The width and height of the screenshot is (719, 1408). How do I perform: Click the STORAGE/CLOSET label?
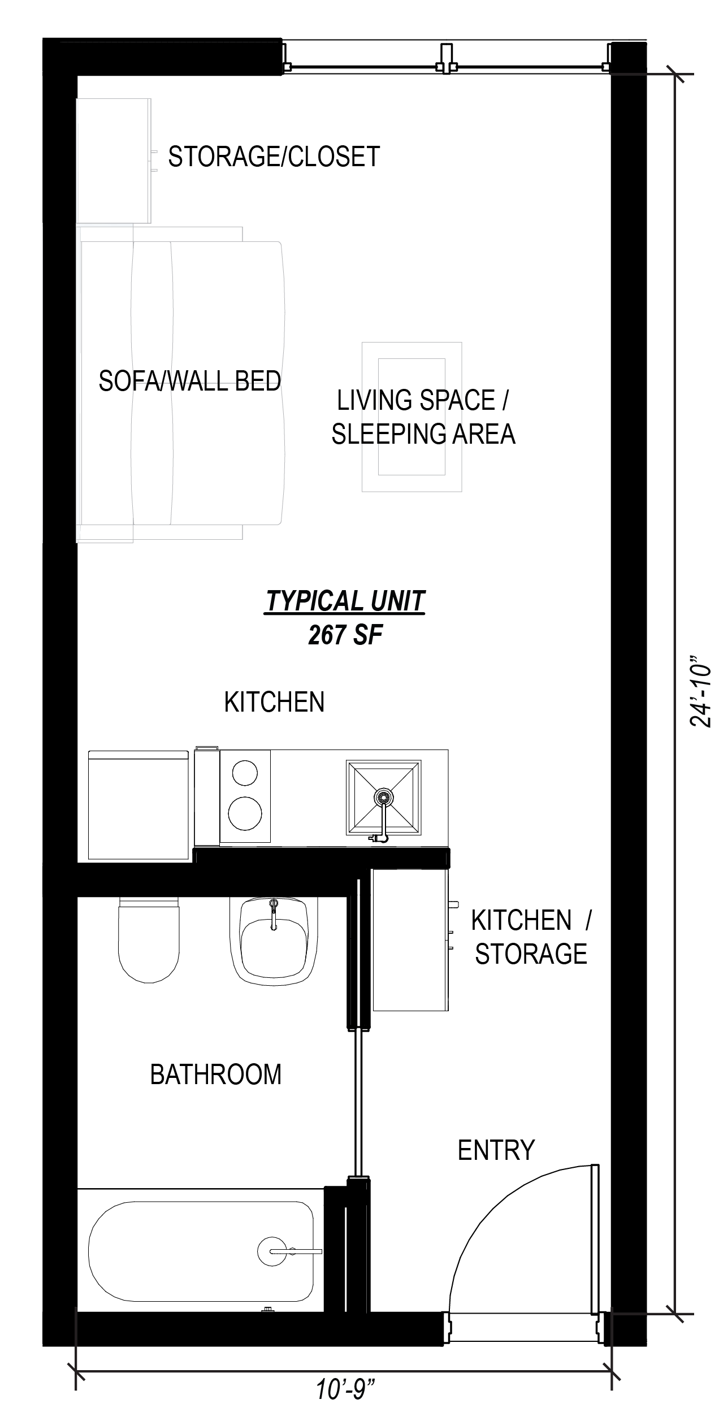(274, 157)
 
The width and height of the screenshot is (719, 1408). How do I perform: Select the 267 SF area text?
(345, 635)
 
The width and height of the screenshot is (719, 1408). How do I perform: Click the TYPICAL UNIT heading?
(345, 601)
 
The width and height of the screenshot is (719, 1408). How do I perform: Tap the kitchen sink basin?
(383, 798)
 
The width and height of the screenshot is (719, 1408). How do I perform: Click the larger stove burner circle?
(245, 813)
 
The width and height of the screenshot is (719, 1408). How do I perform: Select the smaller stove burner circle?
(245, 773)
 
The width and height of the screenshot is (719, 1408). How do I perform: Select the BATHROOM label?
(215, 1075)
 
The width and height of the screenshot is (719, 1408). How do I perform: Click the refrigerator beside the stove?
(138, 805)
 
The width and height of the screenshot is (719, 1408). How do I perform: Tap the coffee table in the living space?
(412, 417)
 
